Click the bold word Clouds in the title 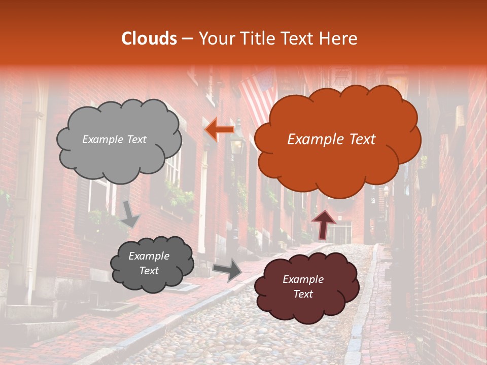[x=149, y=39]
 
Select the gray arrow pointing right [x=228, y=270]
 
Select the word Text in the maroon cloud [x=303, y=294]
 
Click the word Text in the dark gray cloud [x=149, y=271]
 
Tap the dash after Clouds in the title [x=187, y=39]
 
